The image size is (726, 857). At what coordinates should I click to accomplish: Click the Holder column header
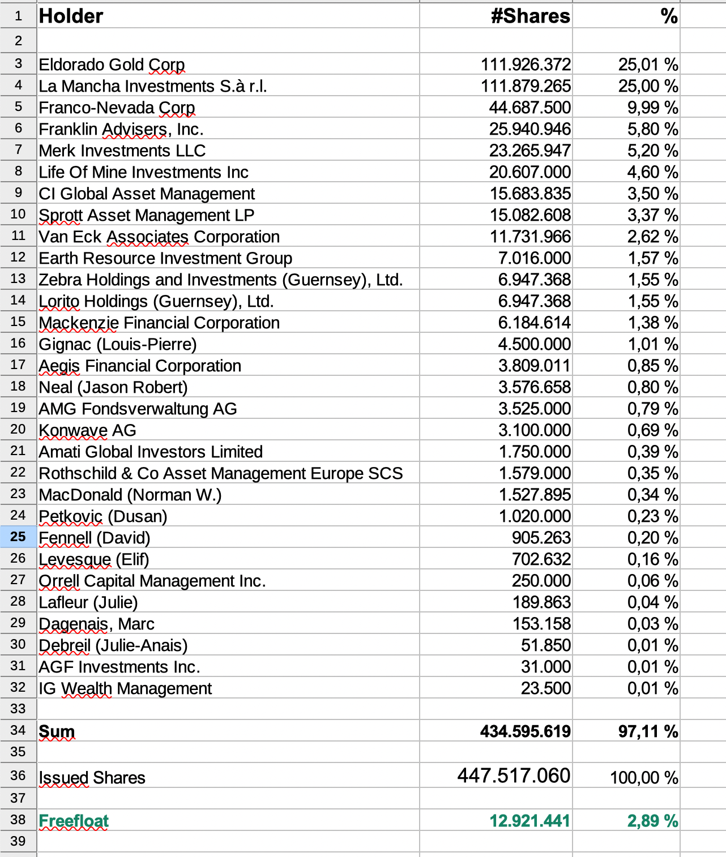71,16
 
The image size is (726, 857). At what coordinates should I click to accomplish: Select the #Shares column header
530,16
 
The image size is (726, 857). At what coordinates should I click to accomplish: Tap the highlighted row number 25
18,537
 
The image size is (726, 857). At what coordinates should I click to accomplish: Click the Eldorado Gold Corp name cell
112,65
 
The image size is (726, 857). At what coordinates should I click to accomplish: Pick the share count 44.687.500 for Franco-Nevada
529,108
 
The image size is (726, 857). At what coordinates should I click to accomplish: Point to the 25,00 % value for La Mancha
648,86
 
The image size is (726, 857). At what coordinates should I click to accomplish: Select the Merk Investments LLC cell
122,151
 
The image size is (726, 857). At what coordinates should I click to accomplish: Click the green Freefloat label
74,821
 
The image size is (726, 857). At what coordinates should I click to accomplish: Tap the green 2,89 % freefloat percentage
652,821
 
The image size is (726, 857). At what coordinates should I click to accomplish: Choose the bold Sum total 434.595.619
525,731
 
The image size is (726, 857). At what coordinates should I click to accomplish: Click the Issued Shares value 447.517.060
514,775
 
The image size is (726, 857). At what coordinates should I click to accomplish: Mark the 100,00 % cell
644,778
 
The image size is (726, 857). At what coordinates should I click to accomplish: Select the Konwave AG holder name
87,430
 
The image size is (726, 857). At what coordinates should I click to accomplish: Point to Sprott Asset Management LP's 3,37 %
652,215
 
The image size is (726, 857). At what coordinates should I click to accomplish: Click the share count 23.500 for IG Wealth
546,688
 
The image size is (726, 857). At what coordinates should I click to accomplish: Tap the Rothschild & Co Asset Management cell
220,473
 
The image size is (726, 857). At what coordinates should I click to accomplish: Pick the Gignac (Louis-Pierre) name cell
118,344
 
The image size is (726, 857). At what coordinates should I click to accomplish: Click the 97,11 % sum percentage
648,731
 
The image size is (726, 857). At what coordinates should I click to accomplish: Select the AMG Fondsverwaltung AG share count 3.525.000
534,409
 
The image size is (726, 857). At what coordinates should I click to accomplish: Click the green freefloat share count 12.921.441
529,821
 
